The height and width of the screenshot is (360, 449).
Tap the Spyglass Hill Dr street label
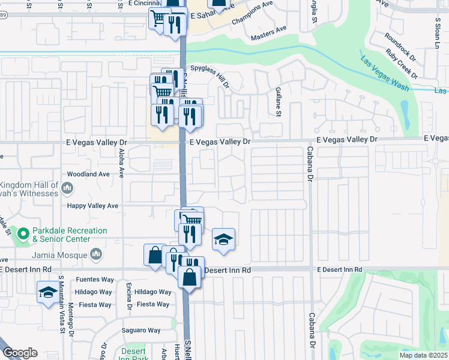209,76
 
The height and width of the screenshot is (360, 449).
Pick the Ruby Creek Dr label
402,62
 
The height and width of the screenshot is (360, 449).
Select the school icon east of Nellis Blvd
223,239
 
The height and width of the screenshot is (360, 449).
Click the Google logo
20,353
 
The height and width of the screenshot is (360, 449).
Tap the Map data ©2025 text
423,355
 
